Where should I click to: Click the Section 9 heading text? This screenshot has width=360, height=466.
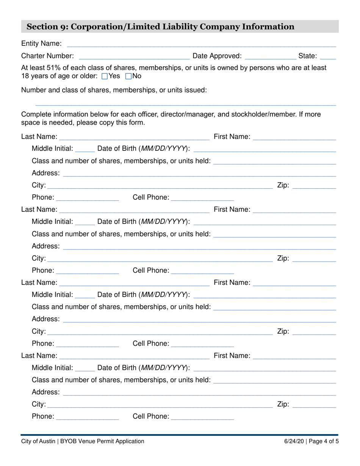[x=160, y=27]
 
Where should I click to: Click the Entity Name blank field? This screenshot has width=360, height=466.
[x=201, y=44]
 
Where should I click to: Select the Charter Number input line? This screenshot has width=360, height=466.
[x=134, y=56]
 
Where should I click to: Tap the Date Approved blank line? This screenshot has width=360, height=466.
[x=271, y=56]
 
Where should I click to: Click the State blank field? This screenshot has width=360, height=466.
[x=328, y=56]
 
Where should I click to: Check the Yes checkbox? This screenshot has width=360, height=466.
[x=105, y=77]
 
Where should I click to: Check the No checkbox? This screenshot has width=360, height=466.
[x=128, y=77]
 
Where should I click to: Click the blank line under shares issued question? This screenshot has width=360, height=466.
[x=186, y=103]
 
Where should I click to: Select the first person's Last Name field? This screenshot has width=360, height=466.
[x=134, y=137]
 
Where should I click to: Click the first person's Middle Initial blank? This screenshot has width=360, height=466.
[x=85, y=149]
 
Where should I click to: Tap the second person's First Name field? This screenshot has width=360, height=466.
[x=294, y=210]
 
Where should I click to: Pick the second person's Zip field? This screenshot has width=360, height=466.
[x=314, y=259]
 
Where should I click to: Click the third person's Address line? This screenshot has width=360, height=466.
[x=199, y=319]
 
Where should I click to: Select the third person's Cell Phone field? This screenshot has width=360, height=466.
[x=202, y=344]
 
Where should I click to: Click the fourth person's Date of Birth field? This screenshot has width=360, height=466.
[x=265, y=368]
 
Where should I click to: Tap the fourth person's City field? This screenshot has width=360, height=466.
[x=160, y=405]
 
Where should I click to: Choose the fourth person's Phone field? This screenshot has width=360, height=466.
[x=88, y=417]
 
